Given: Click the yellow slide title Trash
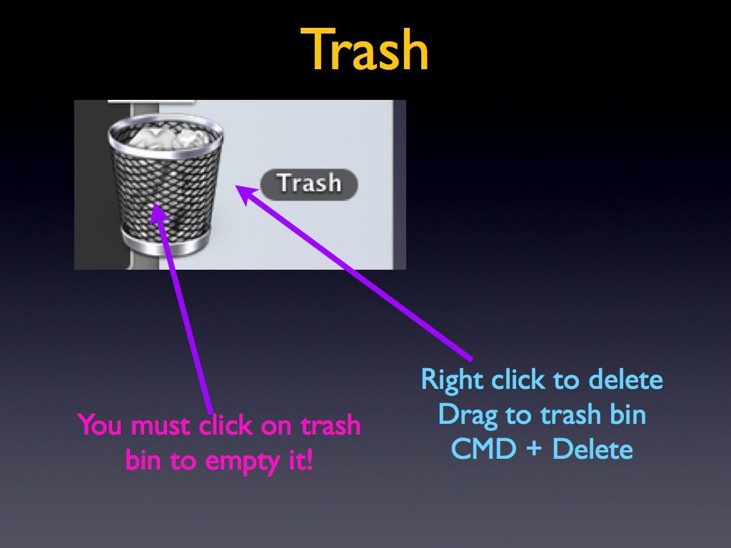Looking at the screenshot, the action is [x=364, y=49].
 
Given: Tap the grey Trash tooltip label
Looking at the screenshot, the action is [x=309, y=185].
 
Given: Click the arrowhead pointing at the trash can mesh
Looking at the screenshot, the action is [x=159, y=214].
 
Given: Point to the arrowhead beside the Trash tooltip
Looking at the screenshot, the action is [x=246, y=193].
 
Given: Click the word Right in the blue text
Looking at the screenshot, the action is [x=452, y=380].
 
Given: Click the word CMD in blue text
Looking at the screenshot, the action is [x=483, y=450].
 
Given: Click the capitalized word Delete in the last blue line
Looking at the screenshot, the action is [x=593, y=450].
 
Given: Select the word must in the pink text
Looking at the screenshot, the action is [x=161, y=426].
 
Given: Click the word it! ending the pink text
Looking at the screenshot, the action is [x=301, y=460].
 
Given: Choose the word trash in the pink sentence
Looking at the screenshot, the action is [x=330, y=425].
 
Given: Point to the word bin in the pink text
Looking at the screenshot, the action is [x=143, y=460].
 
